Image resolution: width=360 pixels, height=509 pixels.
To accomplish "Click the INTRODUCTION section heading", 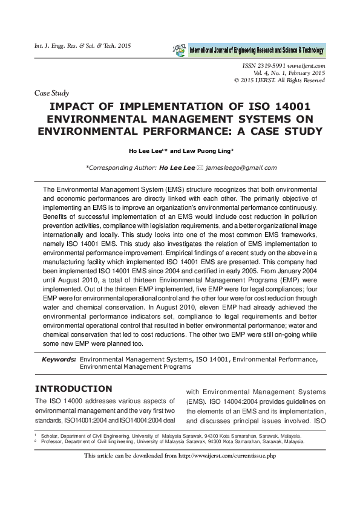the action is pos(73,388).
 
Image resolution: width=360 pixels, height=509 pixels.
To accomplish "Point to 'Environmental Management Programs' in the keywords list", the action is pos(136,366).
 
